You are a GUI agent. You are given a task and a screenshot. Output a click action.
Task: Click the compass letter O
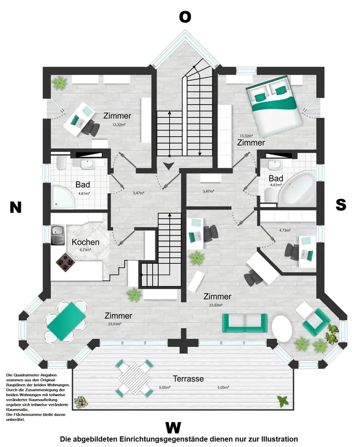point(185,17)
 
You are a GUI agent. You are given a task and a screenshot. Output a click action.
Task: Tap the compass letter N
point(16,207)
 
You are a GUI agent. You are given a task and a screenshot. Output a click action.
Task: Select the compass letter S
point(341,205)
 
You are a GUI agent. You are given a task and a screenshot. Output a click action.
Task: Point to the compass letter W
point(173,427)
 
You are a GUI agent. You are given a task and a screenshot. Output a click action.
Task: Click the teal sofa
point(245,322)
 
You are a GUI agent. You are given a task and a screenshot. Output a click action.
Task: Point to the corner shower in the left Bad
point(64,197)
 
